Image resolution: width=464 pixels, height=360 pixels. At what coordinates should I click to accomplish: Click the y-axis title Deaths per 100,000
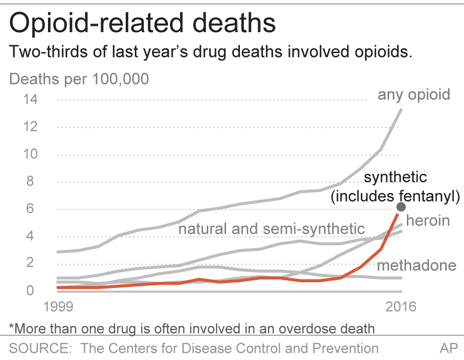pos(79,79)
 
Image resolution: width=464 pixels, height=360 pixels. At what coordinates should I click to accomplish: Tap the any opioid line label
pos(414,94)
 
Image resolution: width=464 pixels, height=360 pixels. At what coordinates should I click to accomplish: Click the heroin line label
pos(428,220)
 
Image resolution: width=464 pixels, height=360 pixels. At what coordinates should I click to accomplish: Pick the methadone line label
pos(416,266)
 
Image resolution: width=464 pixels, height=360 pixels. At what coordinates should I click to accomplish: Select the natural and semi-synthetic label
pos(272,228)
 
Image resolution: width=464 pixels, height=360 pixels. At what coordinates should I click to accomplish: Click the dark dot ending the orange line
pos(401,207)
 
